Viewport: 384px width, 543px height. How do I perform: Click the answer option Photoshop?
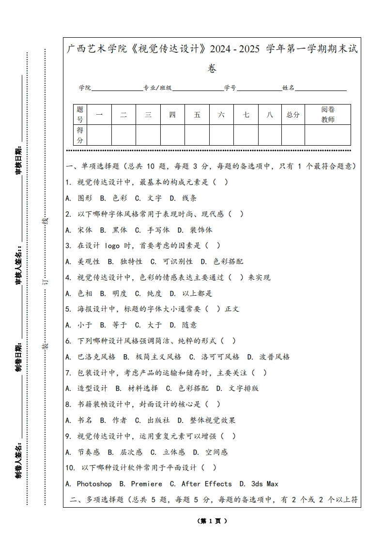pos(94,483)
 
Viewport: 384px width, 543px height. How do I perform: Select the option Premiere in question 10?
pos(146,483)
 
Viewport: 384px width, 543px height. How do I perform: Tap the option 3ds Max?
pos(264,483)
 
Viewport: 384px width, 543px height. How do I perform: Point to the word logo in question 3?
pos(112,245)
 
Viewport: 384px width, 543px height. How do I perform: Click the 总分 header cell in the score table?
pos(293,115)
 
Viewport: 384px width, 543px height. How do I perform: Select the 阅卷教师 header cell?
pos(328,115)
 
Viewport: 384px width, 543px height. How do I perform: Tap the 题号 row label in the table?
pos(80,115)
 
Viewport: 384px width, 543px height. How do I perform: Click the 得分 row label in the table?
pos(80,135)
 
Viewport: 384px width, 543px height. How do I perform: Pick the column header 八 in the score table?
pos(270,115)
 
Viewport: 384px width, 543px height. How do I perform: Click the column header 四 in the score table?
pos(172,115)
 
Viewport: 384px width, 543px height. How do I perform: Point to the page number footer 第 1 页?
pos(212,521)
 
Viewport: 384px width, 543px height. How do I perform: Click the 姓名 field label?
pos(289,88)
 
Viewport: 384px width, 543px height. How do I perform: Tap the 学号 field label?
pos(230,88)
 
